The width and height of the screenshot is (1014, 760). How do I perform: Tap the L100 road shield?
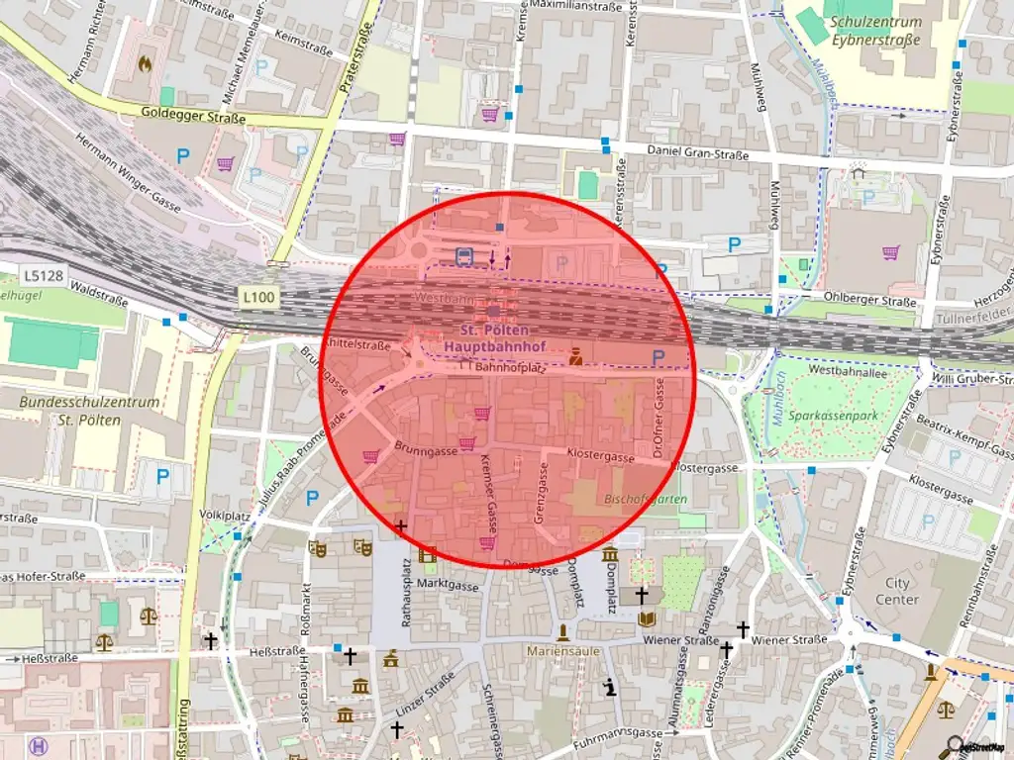point(259,296)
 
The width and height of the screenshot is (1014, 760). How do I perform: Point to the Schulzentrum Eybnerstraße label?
point(875,31)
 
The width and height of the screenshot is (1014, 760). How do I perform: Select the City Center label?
point(897,591)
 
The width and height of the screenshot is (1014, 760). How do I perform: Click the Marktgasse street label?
point(447,585)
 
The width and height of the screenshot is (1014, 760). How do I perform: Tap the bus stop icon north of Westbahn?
point(463,257)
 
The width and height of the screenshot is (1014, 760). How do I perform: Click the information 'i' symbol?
point(611,687)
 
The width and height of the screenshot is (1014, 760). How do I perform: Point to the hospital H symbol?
point(39,746)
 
